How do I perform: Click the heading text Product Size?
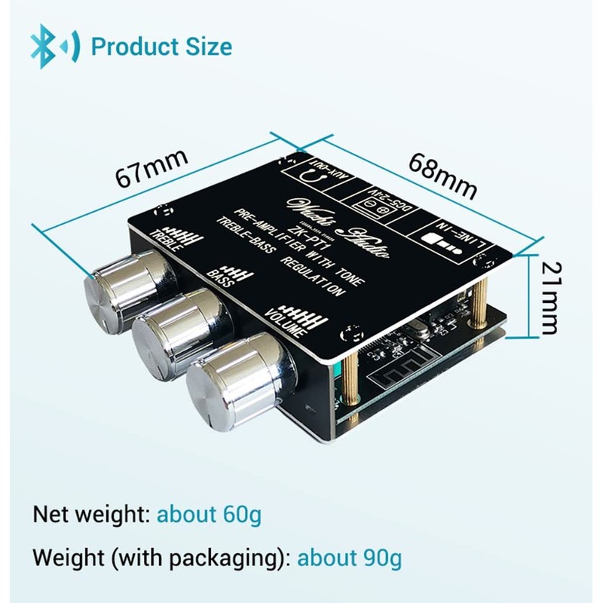coord(161,46)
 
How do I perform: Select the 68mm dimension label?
coord(444,176)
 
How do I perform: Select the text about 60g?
coord(209,516)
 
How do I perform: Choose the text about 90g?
coord(349,559)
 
